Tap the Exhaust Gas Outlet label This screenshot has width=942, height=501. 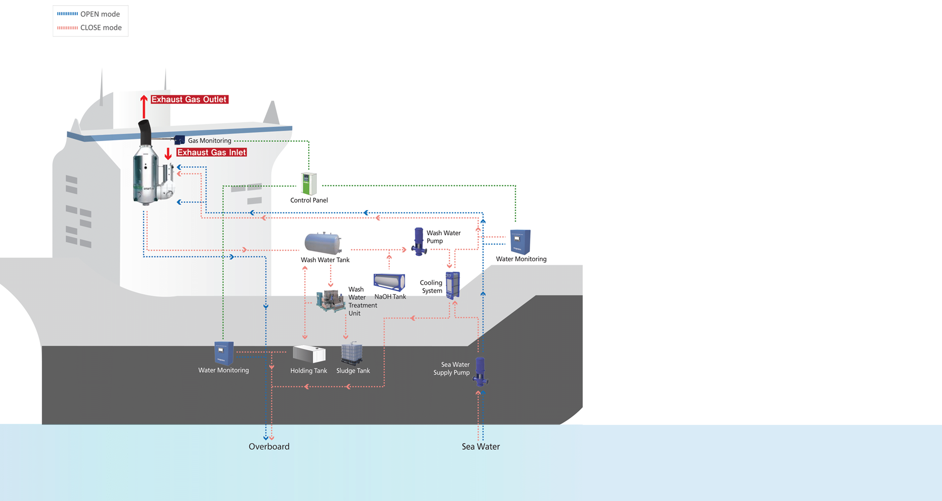point(189,99)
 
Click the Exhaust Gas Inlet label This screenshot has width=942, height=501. point(211,152)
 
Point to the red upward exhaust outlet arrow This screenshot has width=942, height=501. point(144,106)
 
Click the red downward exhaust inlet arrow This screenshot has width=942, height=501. point(168,154)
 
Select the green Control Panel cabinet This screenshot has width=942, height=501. point(309,184)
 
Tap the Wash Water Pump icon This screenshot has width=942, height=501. point(419,241)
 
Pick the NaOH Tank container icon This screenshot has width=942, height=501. point(389,282)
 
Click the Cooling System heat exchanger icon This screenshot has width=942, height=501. point(453,286)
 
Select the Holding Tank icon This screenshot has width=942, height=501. point(309,354)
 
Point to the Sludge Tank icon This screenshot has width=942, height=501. point(352,354)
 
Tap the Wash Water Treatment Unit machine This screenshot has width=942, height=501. point(331,301)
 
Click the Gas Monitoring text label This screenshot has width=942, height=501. point(210,140)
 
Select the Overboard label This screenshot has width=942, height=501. point(269,446)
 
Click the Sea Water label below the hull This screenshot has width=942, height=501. point(480,446)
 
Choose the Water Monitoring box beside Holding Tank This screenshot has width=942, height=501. point(224,353)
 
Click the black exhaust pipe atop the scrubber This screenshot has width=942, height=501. point(145,132)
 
